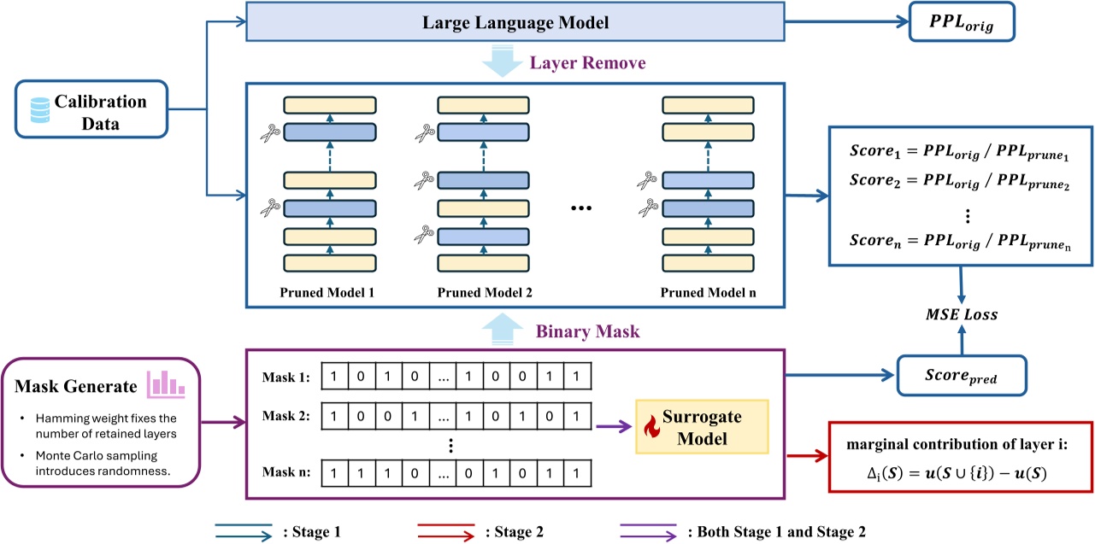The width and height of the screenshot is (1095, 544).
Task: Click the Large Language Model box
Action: click(x=515, y=22)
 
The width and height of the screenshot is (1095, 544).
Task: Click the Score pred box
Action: click(x=961, y=376)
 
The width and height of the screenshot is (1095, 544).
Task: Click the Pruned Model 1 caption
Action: click(x=327, y=293)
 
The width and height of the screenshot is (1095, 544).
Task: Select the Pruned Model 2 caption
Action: click(x=485, y=293)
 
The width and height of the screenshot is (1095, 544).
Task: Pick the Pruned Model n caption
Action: click(x=708, y=293)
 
